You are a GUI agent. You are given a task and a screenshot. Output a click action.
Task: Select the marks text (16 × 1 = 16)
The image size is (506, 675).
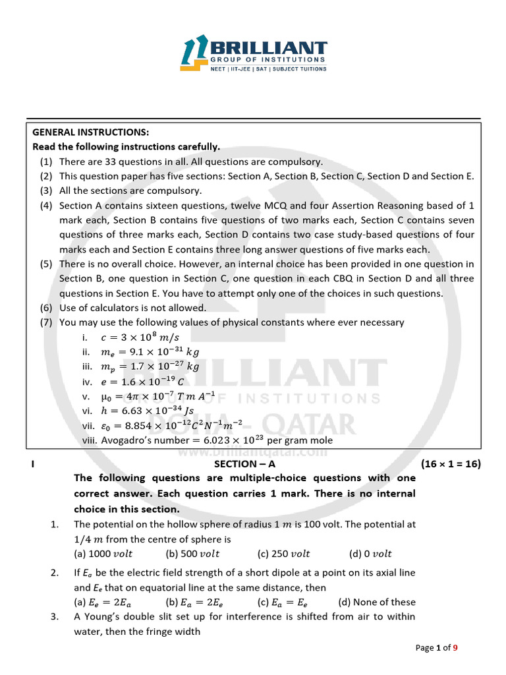(x=451, y=464)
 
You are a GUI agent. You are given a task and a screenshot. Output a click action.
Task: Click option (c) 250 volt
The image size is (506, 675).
(x=283, y=554)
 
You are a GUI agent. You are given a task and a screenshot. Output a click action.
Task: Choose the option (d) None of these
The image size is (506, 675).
(x=376, y=602)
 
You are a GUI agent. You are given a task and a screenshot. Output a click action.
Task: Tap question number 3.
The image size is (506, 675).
(x=55, y=616)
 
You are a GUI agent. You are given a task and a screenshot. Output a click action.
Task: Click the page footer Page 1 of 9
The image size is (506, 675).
(x=436, y=648)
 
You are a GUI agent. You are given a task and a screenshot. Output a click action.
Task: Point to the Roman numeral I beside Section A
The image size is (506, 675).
(x=33, y=464)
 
